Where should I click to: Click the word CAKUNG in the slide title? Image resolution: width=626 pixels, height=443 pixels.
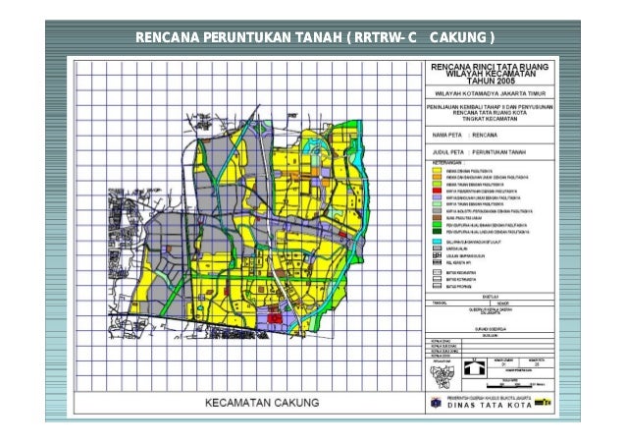point(459,38)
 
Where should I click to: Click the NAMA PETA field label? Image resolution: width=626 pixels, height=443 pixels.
point(444,134)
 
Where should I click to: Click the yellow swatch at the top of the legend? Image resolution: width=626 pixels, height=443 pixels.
point(438,170)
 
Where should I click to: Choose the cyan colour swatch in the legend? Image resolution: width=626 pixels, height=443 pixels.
point(438,241)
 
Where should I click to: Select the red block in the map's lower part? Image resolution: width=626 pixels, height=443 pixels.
point(277,318)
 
